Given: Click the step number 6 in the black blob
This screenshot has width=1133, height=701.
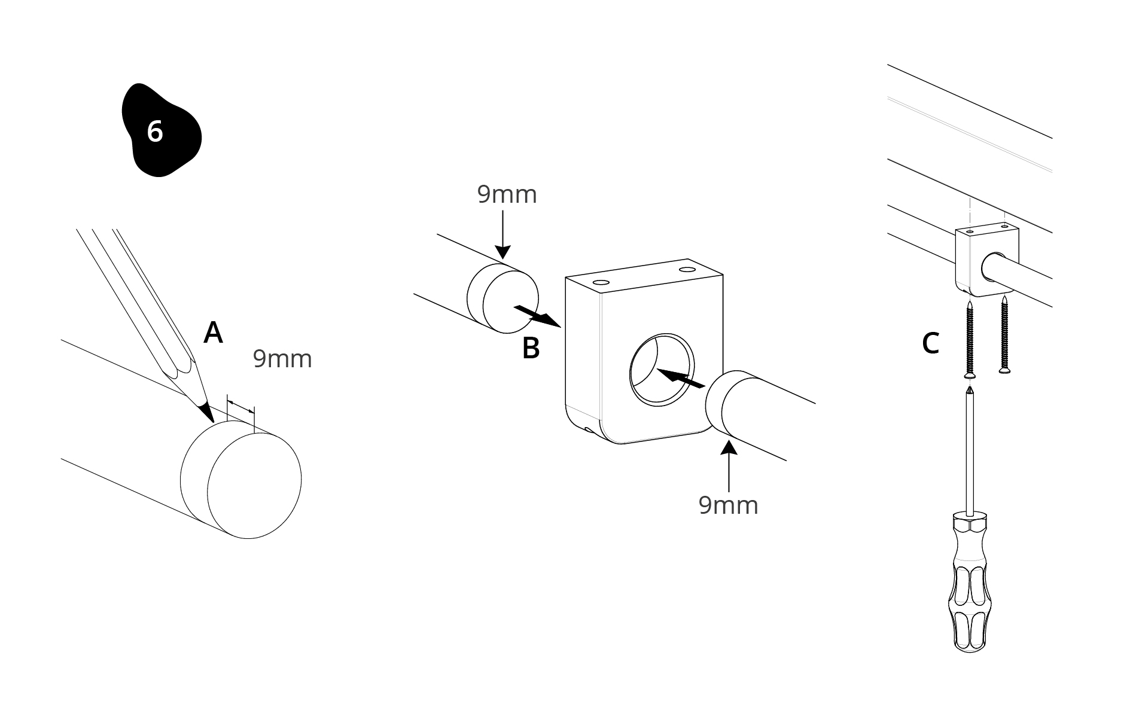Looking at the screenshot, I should tap(155, 132).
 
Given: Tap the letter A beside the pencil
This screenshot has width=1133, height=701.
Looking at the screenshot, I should tap(213, 333).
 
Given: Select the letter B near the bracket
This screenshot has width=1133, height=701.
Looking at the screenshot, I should tap(531, 348).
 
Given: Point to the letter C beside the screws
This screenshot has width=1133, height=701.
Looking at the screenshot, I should tap(930, 343).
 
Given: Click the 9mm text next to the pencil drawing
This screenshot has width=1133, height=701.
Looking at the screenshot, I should tap(282, 359).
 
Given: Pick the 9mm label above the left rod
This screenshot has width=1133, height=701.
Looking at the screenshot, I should tap(507, 194).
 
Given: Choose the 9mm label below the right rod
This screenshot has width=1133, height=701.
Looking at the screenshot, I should tap(728, 505).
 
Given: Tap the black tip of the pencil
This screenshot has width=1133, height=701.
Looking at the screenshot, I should tap(207, 412).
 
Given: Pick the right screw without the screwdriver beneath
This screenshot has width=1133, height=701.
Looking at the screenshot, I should tap(1004, 335).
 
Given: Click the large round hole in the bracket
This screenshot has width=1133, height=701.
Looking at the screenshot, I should tap(662, 369).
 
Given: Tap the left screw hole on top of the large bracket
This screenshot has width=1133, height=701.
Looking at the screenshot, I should tap(598, 281).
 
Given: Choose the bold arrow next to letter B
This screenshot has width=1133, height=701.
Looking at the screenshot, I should tap(537, 316).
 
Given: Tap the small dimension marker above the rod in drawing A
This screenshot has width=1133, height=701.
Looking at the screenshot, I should tap(240, 406).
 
